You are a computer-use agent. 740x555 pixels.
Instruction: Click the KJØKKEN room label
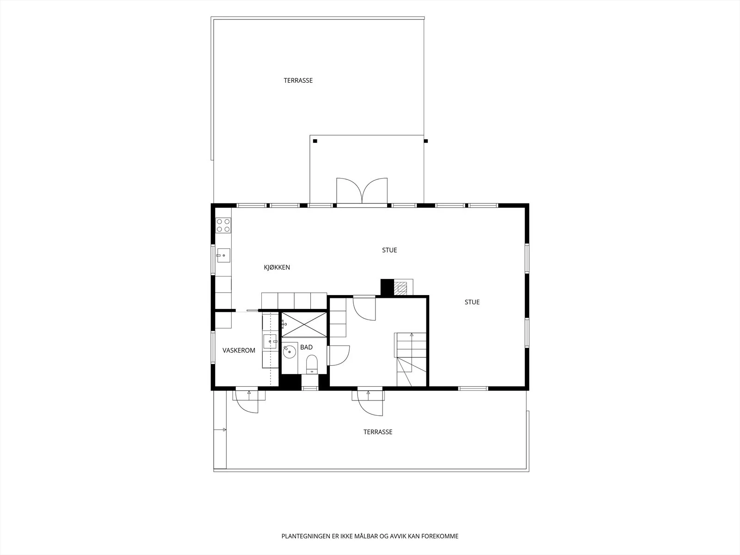pyautogui.click(x=277, y=267)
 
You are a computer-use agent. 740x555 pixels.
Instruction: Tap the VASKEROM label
pyautogui.click(x=239, y=351)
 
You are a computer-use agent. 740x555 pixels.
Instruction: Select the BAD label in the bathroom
pyautogui.click(x=307, y=347)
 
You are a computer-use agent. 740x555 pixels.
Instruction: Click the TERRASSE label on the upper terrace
pyautogui.click(x=298, y=80)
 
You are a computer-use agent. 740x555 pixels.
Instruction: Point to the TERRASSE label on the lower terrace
pyautogui.click(x=377, y=432)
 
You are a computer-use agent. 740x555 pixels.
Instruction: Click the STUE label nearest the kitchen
pyautogui.click(x=389, y=250)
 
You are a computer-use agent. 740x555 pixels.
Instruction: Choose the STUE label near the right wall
pyautogui.click(x=472, y=302)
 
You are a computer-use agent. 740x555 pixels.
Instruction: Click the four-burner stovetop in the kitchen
pyautogui.click(x=223, y=225)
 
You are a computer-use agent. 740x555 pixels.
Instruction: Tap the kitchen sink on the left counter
pyautogui.click(x=223, y=255)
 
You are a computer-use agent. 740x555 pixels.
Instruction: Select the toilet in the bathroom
pyautogui.click(x=312, y=364)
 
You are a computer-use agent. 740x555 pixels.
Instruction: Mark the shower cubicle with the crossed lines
pyautogui.click(x=304, y=325)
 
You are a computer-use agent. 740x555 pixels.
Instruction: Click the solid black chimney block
pyautogui.click(x=387, y=287)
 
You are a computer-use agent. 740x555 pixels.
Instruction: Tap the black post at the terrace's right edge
pyautogui.click(x=426, y=141)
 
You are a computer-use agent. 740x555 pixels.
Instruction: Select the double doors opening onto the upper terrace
pyautogui.click(x=362, y=191)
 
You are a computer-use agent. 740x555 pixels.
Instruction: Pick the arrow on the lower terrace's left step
pyautogui.click(x=220, y=430)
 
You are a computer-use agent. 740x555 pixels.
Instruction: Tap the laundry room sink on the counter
pyautogui.click(x=270, y=341)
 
